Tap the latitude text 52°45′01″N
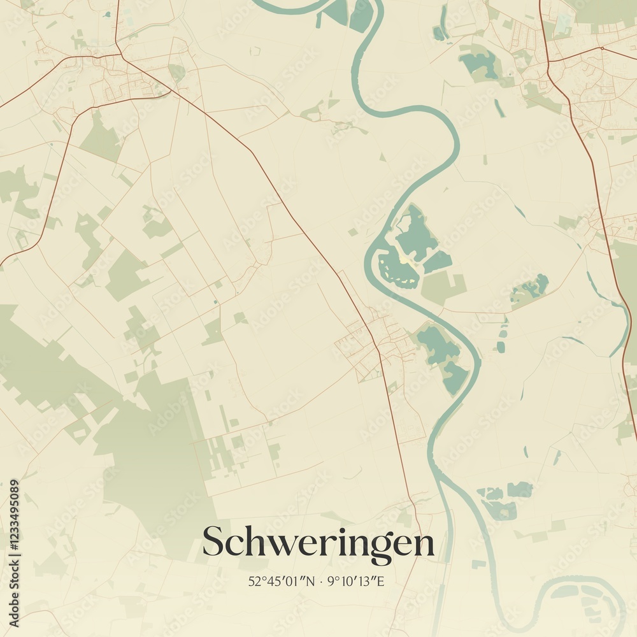click(x=282, y=581)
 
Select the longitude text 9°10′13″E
click(x=355, y=581)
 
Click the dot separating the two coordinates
click(x=321, y=581)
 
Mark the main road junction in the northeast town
click(x=601, y=48)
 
